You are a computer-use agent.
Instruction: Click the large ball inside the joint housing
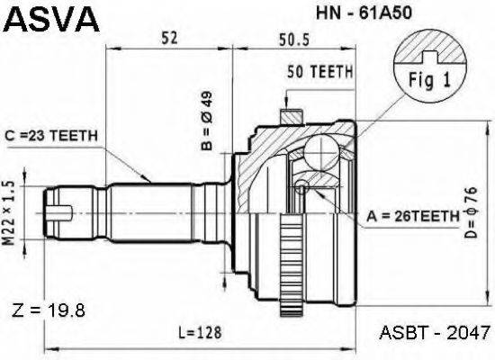tap(321, 154)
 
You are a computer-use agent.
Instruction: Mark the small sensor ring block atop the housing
tap(291, 117)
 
